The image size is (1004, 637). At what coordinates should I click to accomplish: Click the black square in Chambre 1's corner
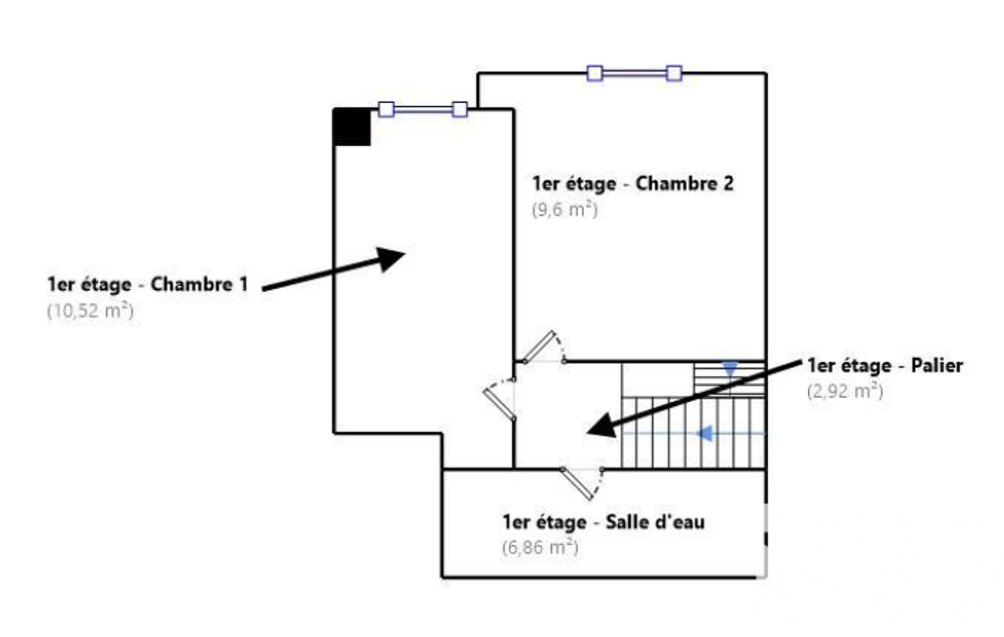[353, 127]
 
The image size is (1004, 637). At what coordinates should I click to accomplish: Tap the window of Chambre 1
[423, 109]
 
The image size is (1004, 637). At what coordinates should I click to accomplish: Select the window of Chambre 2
[634, 73]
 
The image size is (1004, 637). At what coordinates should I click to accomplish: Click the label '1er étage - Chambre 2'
[633, 183]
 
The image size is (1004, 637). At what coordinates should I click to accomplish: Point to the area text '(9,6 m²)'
[564, 209]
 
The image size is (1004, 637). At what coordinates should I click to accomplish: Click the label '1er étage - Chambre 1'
[147, 285]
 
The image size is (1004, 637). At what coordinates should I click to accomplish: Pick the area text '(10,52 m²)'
[89, 312]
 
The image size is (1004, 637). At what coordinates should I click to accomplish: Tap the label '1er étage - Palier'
[885, 366]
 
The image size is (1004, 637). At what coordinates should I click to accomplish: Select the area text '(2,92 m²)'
[844, 391]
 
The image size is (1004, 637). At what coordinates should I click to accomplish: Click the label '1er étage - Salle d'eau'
[603, 521]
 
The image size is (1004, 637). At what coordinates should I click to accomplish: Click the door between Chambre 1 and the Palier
[501, 397]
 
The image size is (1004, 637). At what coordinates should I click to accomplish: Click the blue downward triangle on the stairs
[730, 369]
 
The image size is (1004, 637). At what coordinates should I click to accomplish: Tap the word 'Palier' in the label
[938, 366]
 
